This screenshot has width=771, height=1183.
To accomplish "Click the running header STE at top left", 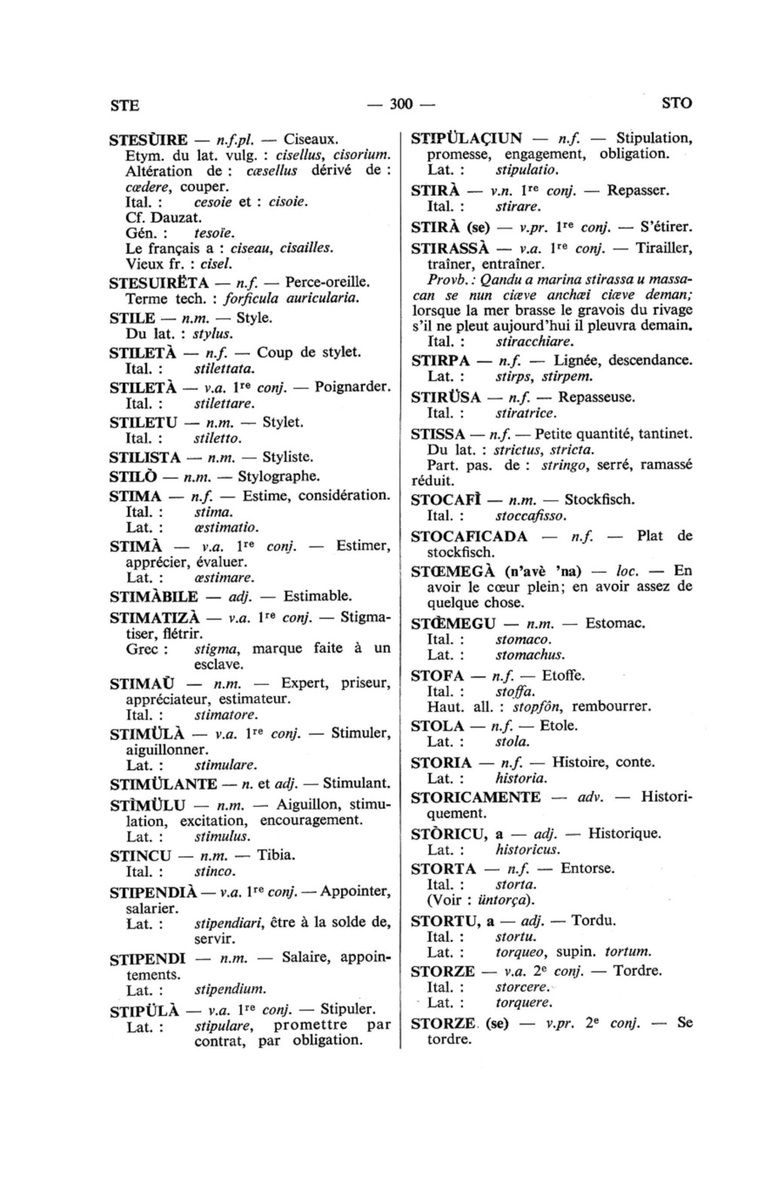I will click(124, 105).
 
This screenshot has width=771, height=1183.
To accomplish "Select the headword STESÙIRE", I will click(148, 140).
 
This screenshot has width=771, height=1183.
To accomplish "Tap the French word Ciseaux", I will click(311, 139).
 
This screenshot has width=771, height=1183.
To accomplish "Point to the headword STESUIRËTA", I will click(159, 283).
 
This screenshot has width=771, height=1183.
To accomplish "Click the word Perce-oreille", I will click(326, 282).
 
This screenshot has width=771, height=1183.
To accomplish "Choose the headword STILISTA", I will click(145, 457).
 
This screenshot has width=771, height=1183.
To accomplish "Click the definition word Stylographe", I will click(279, 476).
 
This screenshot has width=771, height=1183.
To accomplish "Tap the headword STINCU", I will click(139, 856).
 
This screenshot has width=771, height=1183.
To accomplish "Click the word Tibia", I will click(276, 855).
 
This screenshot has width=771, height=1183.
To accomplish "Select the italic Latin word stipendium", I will click(230, 989).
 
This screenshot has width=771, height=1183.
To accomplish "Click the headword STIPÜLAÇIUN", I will click(466, 139).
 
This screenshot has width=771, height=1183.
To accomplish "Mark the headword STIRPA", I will click(440, 360).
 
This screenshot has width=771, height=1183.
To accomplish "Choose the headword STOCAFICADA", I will click(469, 536).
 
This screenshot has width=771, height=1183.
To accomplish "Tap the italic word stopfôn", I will click(538, 708).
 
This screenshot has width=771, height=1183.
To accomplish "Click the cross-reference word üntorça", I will click(505, 900).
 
